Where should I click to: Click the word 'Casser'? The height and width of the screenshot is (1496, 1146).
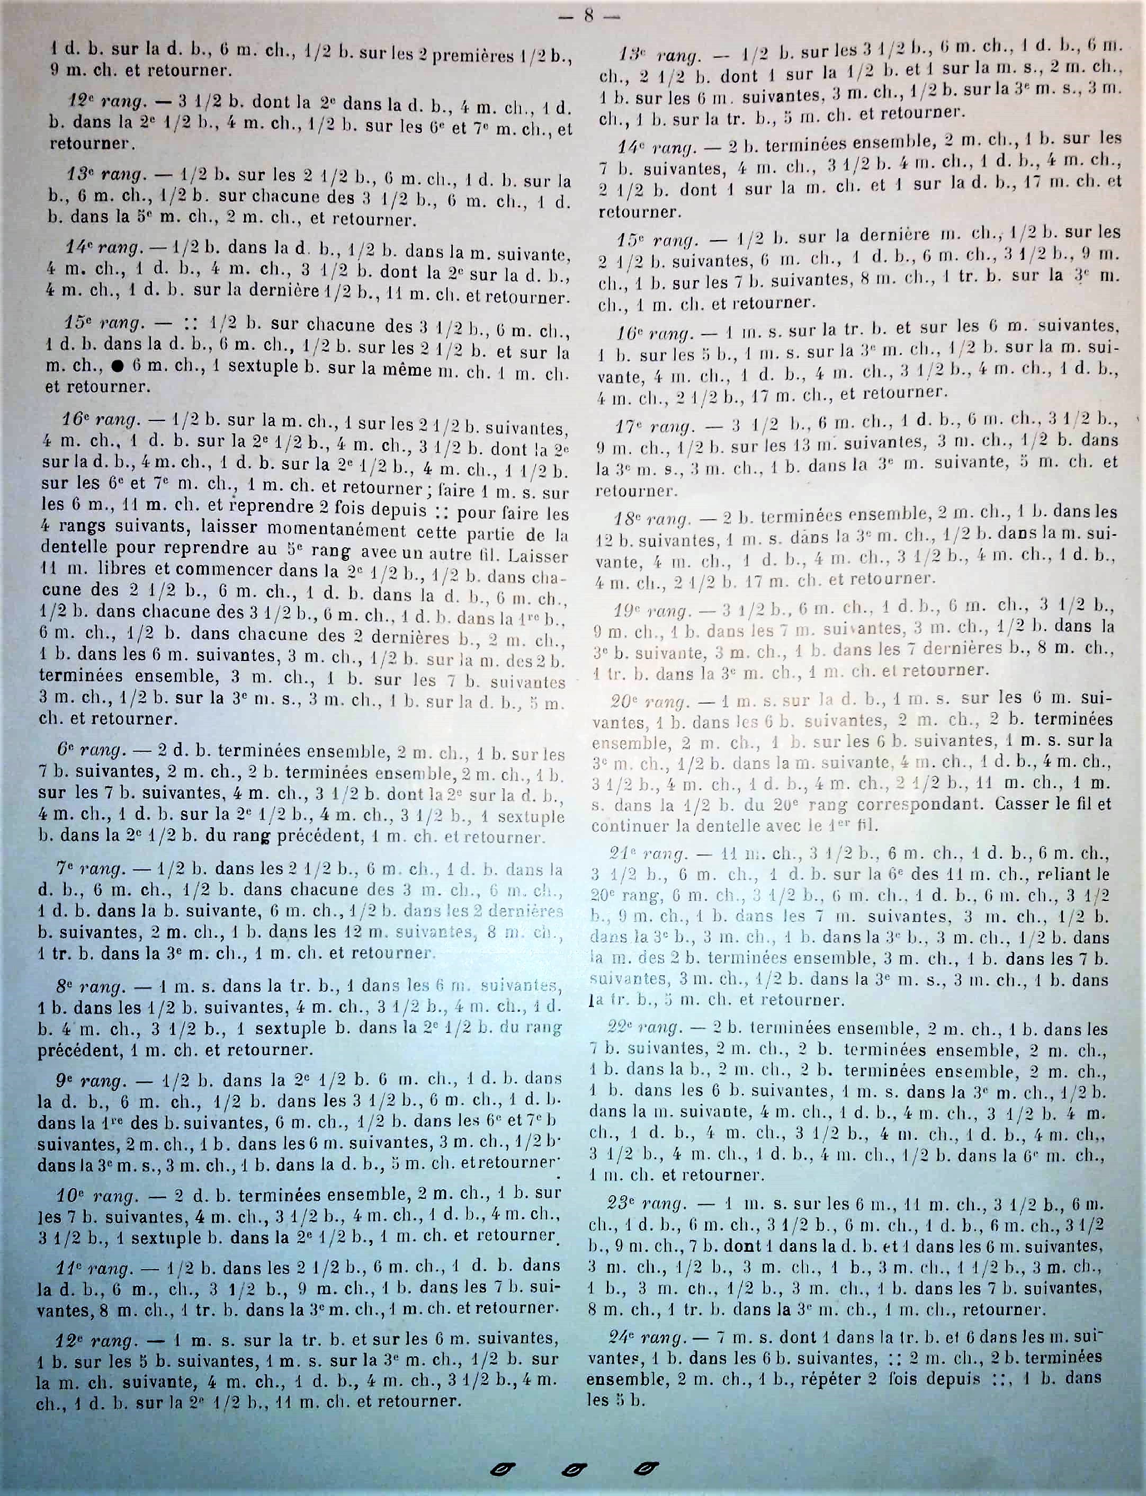coord(1018,804)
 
